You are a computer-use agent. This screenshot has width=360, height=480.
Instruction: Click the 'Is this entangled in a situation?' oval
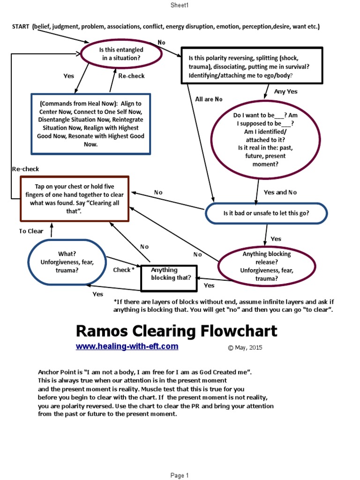click(121, 54)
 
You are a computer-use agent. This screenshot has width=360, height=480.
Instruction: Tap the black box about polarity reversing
click(252, 65)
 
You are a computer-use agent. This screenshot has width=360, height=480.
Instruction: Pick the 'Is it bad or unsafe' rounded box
click(266, 213)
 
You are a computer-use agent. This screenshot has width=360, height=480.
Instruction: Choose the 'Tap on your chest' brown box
click(75, 198)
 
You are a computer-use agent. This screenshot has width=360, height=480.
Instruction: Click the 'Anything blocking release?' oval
click(266, 266)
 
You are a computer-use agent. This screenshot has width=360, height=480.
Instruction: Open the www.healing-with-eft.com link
click(127, 346)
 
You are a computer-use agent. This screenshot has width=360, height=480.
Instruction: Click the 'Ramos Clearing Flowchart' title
click(176, 331)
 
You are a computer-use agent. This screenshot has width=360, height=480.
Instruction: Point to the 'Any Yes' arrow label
click(285, 91)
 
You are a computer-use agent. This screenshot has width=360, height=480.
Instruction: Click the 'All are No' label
click(209, 99)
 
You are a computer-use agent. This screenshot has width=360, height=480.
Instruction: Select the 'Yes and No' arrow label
click(280, 192)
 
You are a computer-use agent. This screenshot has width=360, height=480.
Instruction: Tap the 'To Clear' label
click(31, 231)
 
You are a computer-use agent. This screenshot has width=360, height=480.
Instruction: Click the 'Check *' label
click(124, 270)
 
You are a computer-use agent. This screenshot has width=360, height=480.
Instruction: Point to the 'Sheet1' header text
click(179, 5)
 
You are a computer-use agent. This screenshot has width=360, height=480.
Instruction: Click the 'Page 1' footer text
click(180, 475)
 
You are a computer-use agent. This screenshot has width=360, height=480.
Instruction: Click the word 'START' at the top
click(21, 27)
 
